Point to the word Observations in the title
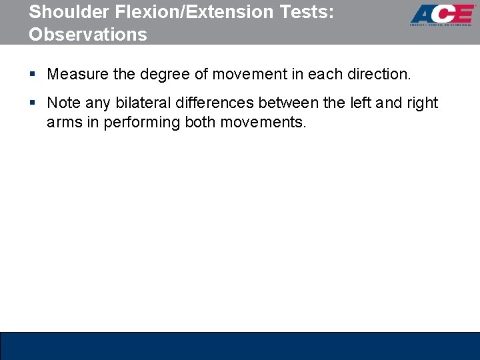click(x=88, y=35)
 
